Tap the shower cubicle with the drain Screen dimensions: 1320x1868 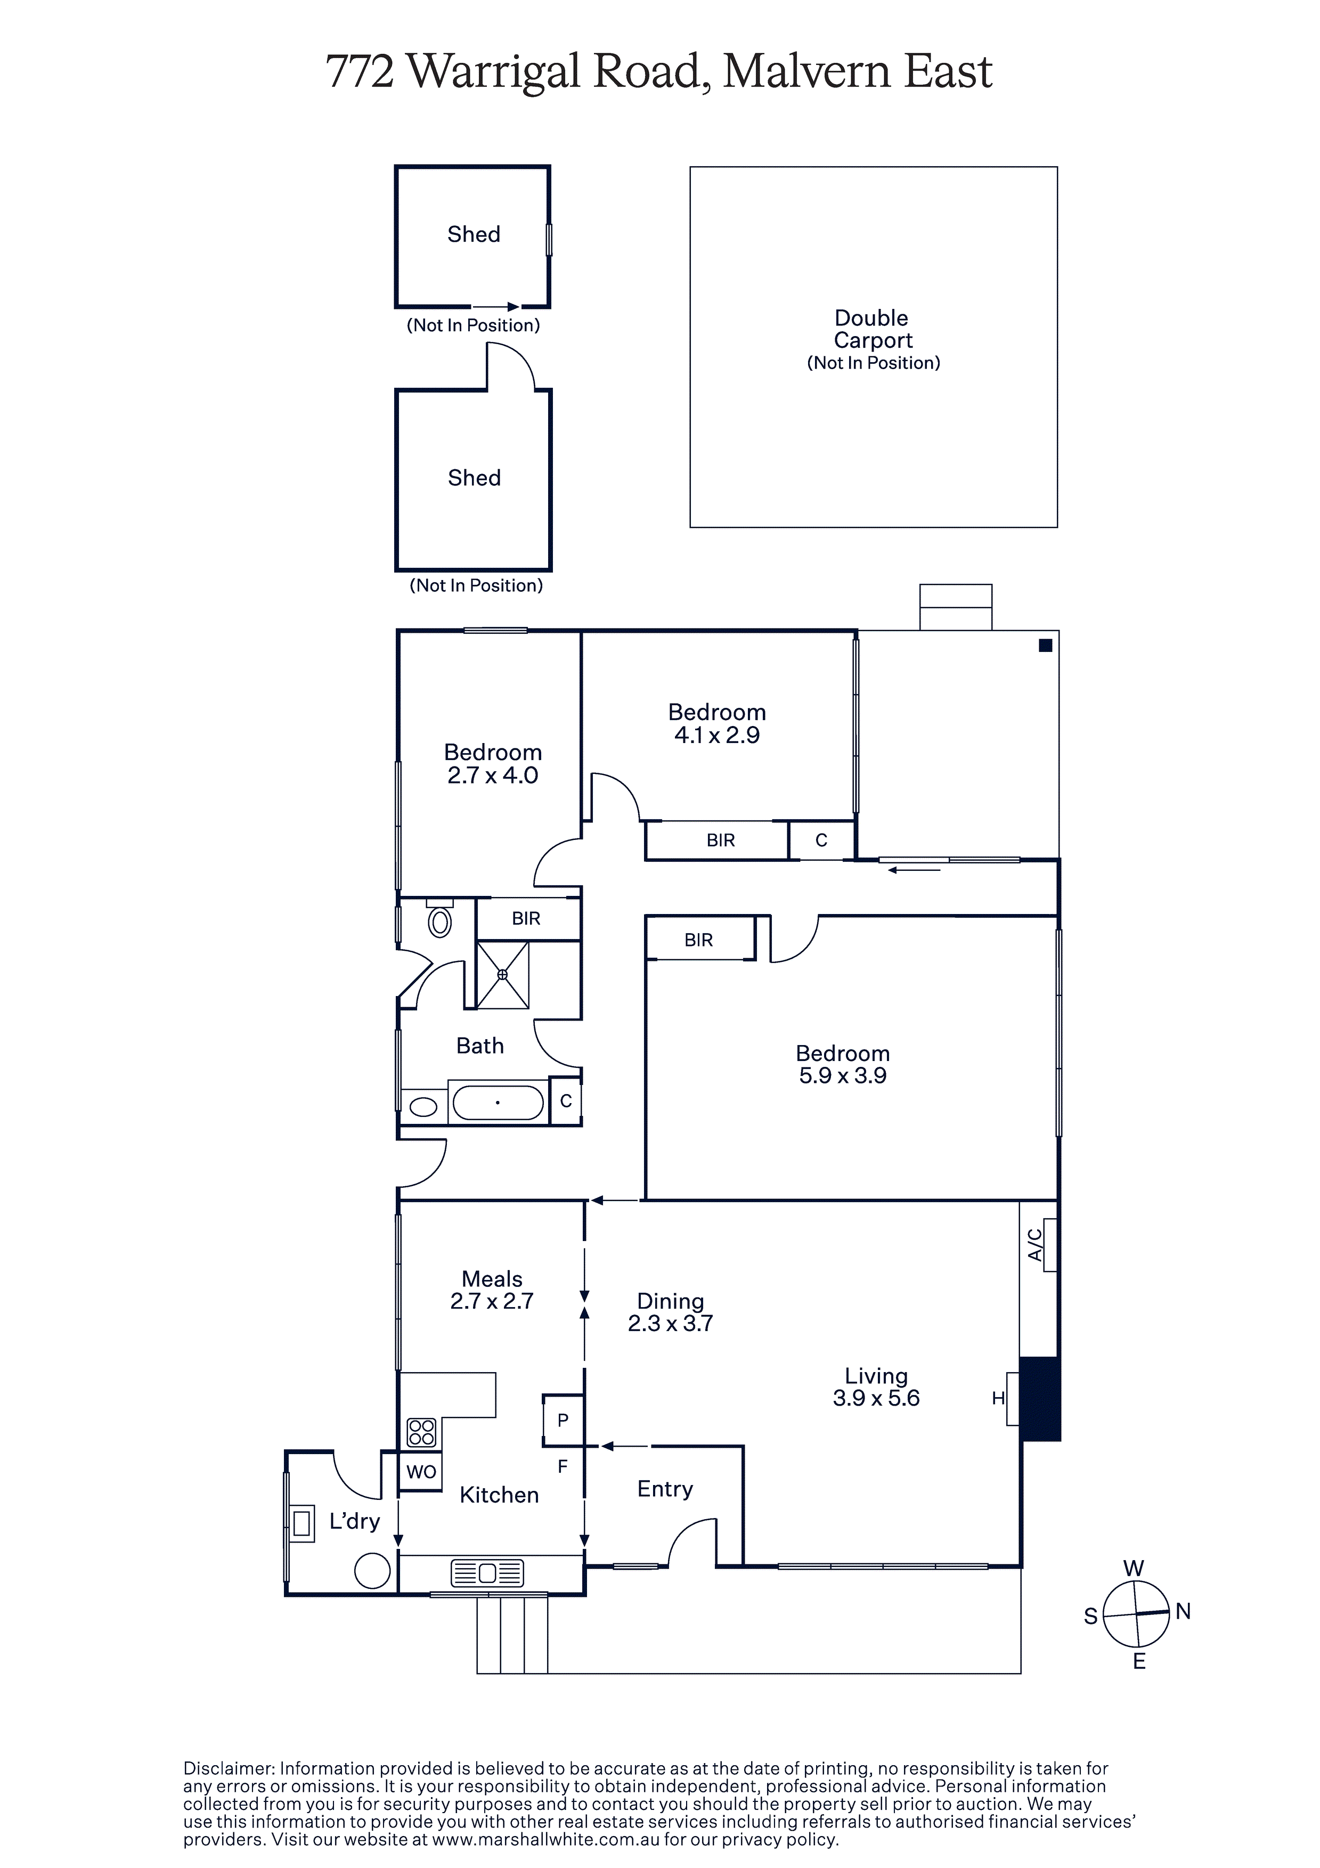[x=503, y=975]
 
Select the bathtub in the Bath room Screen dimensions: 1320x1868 [x=497, y=1103]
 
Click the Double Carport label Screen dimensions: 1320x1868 [x=873, y=329]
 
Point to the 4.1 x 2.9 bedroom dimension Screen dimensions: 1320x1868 [x=717, y=736]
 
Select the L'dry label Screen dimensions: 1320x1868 [x=354, y=1521]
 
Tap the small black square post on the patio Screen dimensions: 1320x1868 [x=1046, y=645]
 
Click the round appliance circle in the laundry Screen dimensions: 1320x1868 [x=373, y=1571]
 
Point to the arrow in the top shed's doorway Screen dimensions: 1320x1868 [x=495, y=307]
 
